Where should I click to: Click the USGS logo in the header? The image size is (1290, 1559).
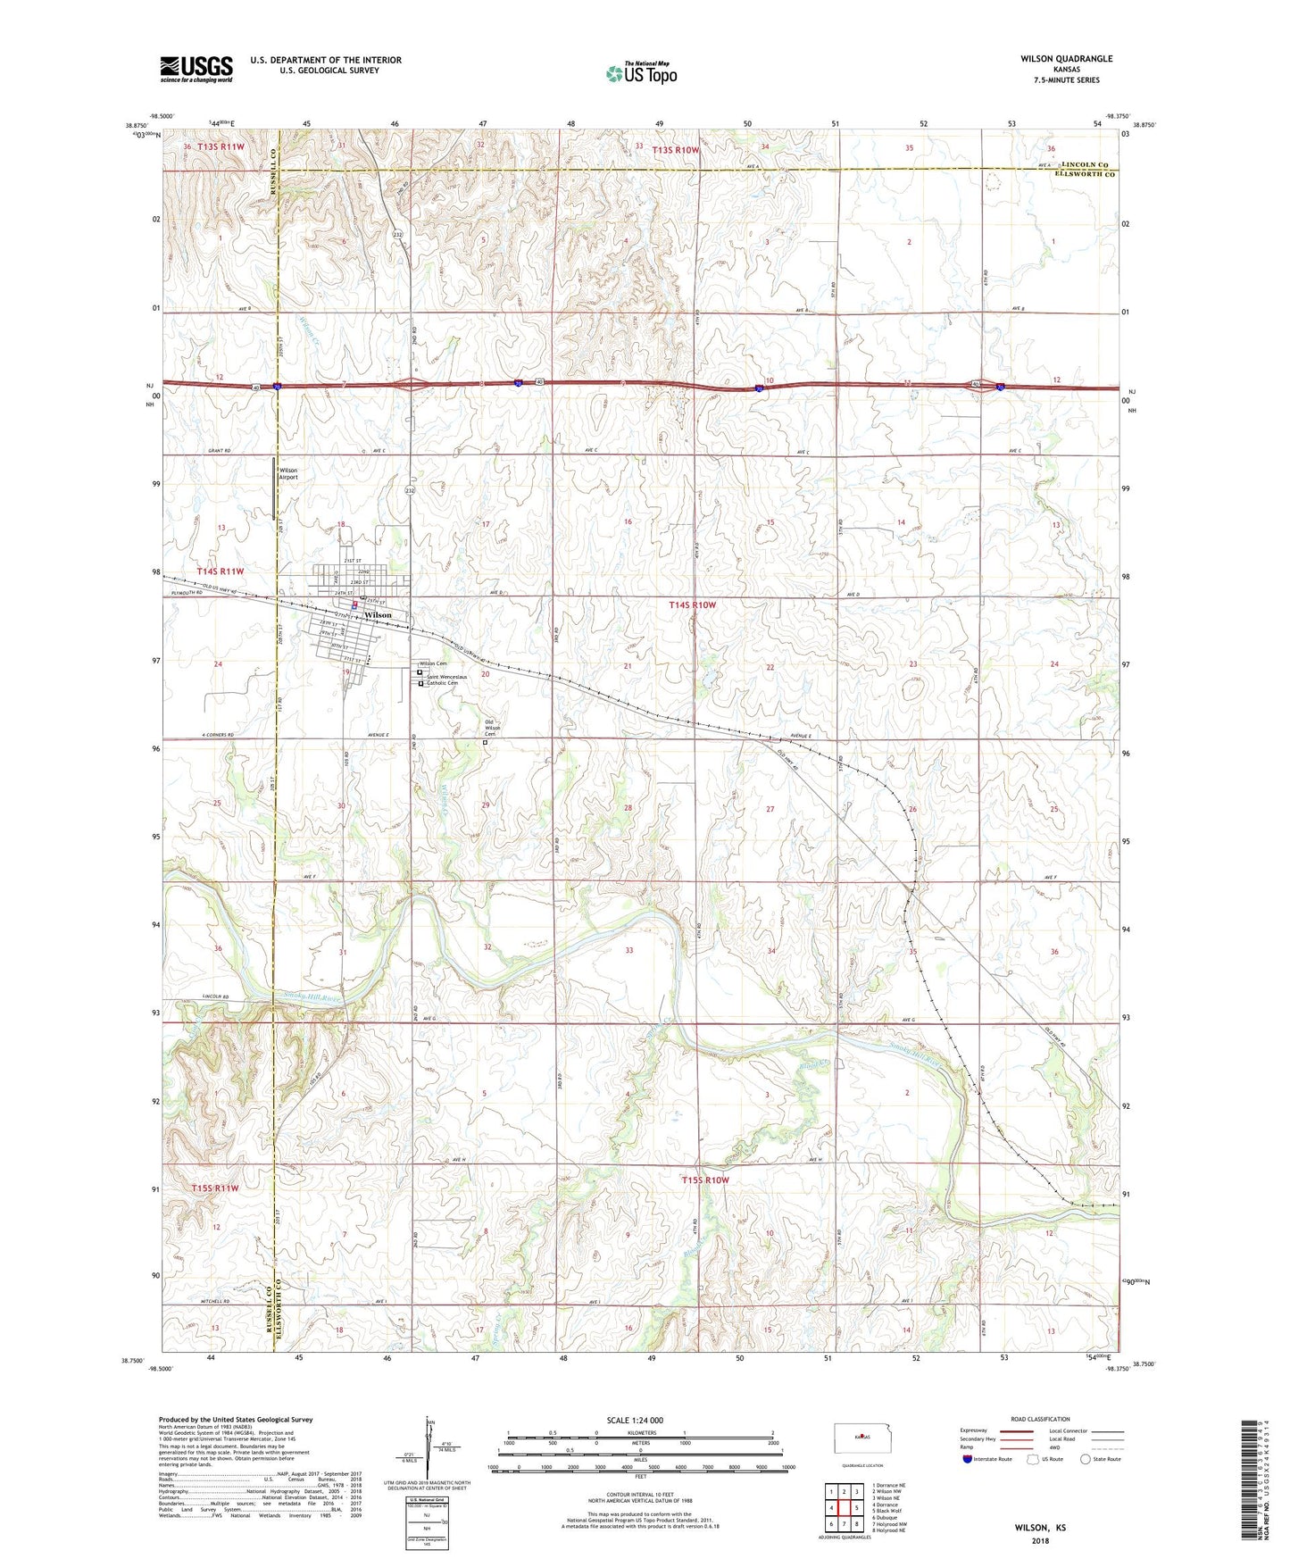(196, 68)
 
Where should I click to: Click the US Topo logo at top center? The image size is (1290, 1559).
(641, 73)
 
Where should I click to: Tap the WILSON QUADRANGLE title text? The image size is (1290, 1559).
(1066, 59)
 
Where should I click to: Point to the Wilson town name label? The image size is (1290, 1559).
(378, 615)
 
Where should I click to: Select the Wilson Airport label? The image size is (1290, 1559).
(288, 473)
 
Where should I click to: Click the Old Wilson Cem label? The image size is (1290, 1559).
(493, 728)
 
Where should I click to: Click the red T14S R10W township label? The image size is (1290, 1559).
(692, 604)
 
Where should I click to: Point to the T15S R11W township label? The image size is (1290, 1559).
(215, 1188)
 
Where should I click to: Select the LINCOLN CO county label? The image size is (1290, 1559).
(1084, 165)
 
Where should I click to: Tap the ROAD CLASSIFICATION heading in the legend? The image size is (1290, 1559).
(1039, 1419)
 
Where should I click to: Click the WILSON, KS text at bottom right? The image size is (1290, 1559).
(1039, 1528)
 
